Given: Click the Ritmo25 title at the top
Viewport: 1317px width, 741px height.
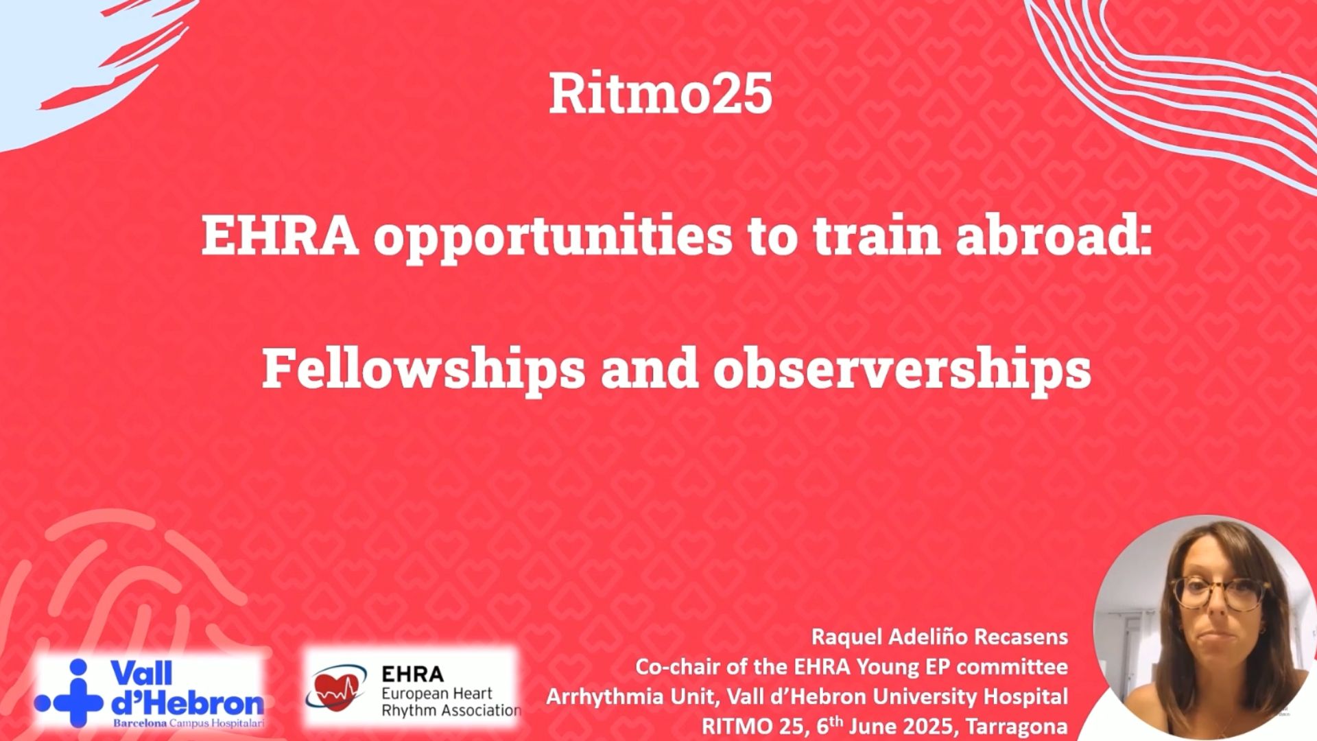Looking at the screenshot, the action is pyautogui.click(x=661, y=94).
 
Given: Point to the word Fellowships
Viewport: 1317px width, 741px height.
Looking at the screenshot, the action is pyautogui.click(x=423, y=369).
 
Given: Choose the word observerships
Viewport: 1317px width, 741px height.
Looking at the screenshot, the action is pyautogui.click(x=901, y=368).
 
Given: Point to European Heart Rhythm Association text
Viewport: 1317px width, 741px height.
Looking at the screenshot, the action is pyautogui.click(x=450, y=702).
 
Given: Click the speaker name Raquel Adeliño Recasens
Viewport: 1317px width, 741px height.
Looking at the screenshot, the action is pyautogui.click(x=939, y=637).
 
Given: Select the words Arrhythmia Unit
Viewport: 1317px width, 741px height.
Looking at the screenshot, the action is pyautogui.click(x=629, y=696).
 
